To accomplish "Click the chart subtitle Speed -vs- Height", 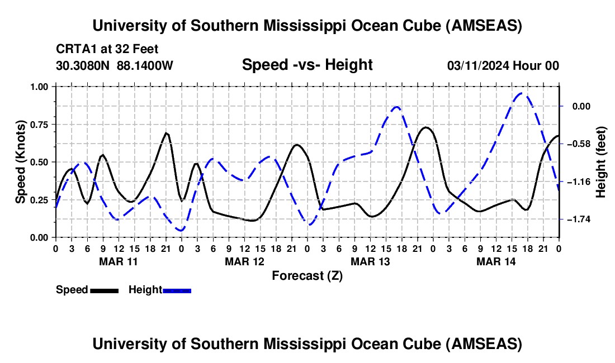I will [307, 65].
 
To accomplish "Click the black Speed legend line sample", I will [104, 290].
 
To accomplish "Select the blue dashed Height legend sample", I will [177, 290].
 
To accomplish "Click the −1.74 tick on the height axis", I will [580, 219].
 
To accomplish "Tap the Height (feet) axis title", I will [601, 162].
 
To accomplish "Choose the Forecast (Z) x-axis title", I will [307, 275].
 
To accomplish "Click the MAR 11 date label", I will [119, 261].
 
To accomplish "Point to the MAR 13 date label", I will [370, 261].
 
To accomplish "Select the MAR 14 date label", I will [496, 261].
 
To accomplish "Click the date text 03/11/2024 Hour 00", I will [503, 65].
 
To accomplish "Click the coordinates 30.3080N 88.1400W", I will [115, 65].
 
